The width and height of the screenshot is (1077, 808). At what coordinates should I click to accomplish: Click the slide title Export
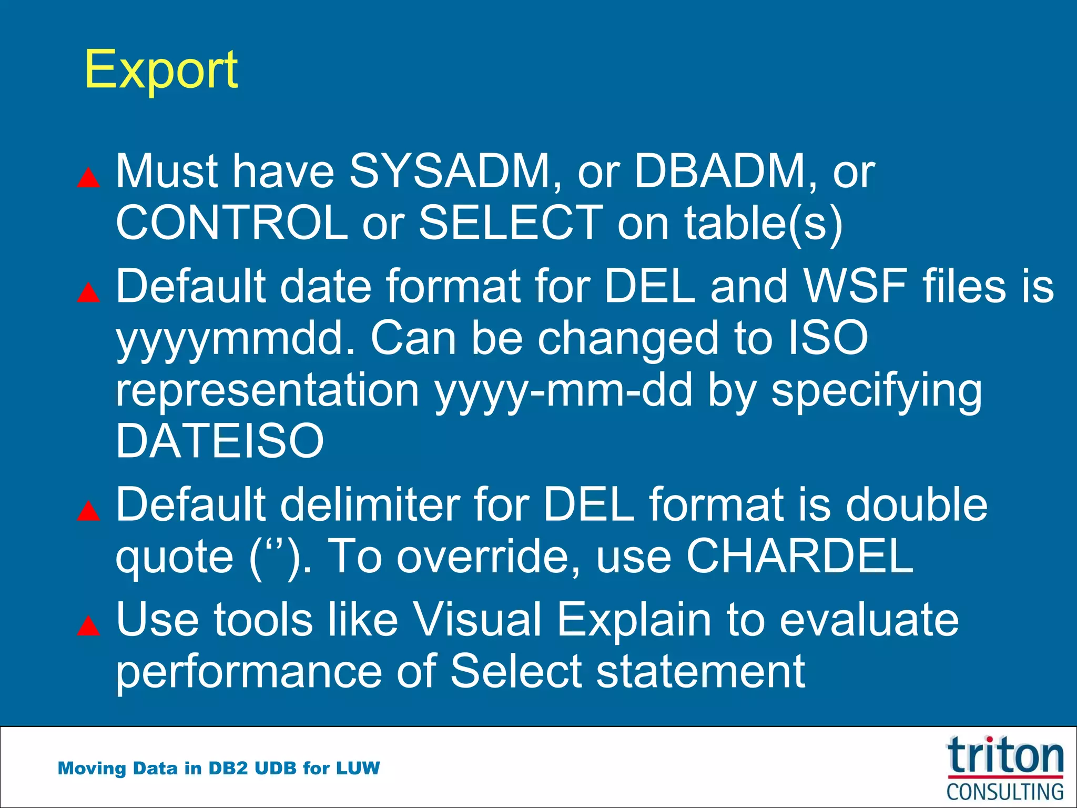tap(161, 69)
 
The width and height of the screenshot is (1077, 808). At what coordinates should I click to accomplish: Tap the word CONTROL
tap(231, 223)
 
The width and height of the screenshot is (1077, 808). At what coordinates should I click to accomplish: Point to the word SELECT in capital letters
tap(511, 223)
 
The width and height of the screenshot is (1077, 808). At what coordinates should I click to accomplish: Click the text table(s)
tap(763, 223)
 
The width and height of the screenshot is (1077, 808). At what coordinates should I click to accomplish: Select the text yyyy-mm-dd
tap(563, 390)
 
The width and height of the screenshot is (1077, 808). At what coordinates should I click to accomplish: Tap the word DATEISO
tap(220, 441)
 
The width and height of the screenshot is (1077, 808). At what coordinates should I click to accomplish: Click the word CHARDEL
tap(800, 557)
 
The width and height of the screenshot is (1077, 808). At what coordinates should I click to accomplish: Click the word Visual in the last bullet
tap(476, 620)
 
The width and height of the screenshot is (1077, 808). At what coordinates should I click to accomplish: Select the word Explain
tap(634, 620)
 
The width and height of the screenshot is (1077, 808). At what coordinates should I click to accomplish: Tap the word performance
tap(249, 672)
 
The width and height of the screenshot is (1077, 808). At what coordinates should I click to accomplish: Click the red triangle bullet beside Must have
tap(88, 178)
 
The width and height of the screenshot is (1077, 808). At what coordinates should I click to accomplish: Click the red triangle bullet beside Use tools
tap(88, 626)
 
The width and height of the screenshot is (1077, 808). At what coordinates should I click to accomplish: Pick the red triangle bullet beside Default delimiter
tap(88, 511)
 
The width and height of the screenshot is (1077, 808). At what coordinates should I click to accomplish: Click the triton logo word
tap(1005, 756)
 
